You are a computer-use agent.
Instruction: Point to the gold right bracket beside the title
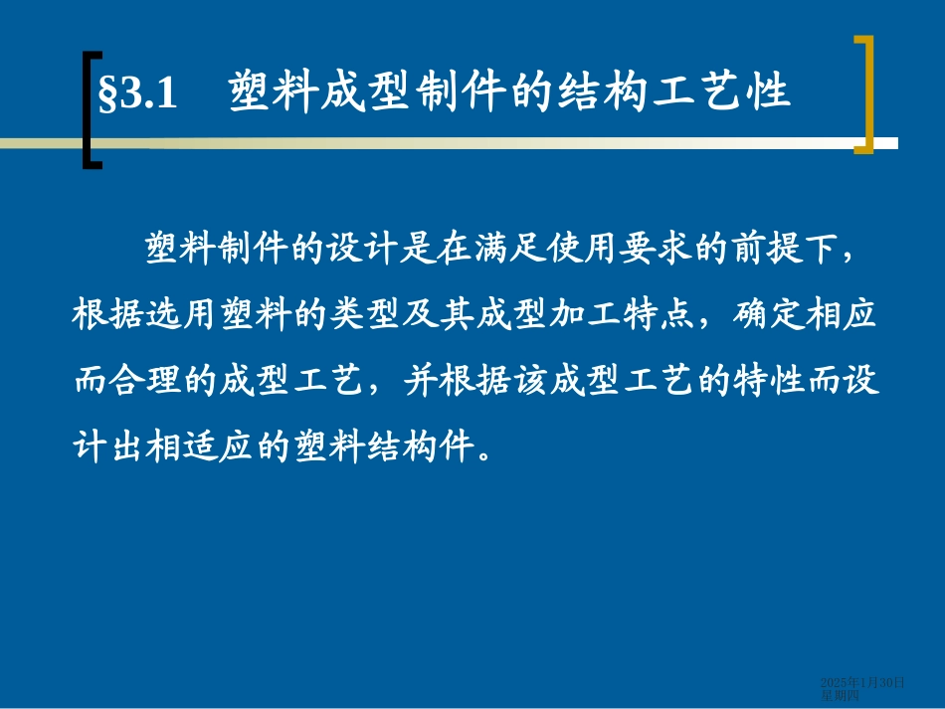863,94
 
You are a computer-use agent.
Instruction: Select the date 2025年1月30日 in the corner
862,682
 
